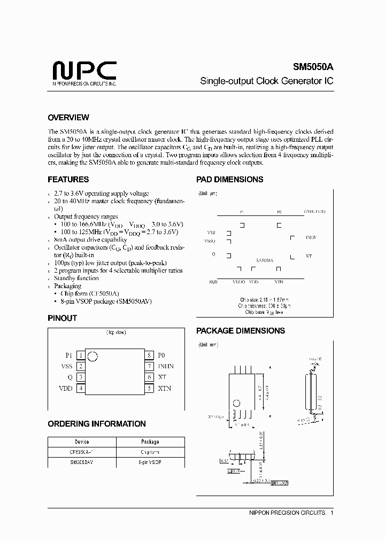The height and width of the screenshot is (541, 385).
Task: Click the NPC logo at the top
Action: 84,72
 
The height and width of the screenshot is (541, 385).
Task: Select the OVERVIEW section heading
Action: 68,118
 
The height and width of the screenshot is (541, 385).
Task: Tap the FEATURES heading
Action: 68,180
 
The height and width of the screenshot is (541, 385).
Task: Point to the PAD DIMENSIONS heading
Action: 229,180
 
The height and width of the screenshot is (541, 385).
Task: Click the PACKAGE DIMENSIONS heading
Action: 240,331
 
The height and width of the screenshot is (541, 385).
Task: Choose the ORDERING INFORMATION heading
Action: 97,424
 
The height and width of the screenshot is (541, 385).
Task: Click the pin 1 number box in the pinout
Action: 80,355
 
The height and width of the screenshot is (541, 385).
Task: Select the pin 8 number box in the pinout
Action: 150,355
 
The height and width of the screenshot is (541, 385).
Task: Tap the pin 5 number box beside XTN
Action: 150,389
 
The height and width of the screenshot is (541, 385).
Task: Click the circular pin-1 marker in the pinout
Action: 92,356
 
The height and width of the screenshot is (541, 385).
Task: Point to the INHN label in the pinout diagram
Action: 166,366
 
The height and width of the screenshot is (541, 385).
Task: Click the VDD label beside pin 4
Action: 65,389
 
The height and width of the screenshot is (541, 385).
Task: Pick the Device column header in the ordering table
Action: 82,442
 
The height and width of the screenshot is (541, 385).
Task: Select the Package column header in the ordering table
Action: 150,442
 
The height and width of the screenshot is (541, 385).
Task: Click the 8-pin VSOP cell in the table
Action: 150,461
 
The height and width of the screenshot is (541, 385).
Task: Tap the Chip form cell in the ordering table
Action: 150,452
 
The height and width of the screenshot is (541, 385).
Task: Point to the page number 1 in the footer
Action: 332,513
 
